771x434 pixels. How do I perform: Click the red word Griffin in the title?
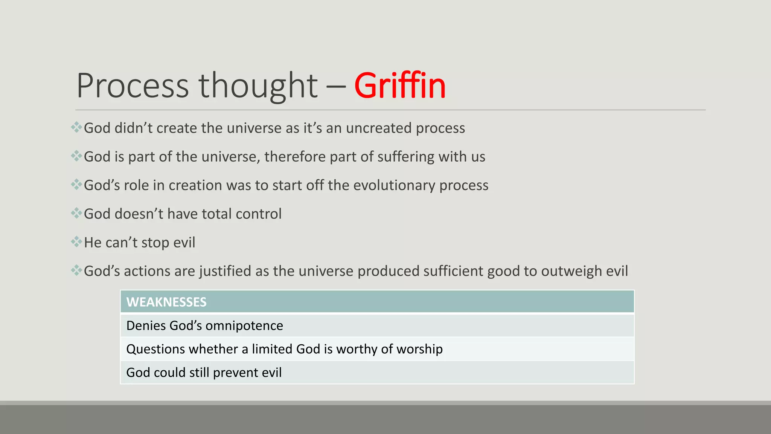[x=400, y=86]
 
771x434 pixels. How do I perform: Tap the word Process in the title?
[x=133, y=86]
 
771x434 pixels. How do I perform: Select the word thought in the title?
[x=258, y=86]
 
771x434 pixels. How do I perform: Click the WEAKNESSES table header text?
[x=166, y=302]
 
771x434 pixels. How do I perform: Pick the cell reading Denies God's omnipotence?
[x=204, y=326]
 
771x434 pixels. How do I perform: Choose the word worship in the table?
[x=419, y=349]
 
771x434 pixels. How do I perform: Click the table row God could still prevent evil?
[x=204, y=373]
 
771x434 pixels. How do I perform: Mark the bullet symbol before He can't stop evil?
[x=76, y=241]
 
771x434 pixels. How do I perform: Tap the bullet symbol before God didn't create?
[x=76, y=127]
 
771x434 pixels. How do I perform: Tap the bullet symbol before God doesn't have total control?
[x=76, y=213]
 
